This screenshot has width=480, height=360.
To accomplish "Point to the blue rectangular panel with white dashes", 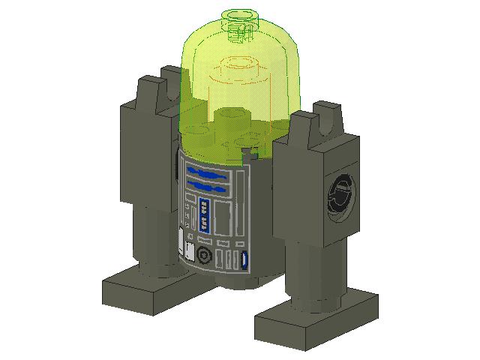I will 204,215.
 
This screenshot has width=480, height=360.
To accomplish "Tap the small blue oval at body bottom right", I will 244,261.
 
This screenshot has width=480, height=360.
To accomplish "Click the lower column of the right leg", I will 315,274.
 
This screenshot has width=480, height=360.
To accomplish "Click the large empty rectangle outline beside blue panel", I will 223,217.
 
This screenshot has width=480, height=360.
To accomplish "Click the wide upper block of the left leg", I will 146,150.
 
